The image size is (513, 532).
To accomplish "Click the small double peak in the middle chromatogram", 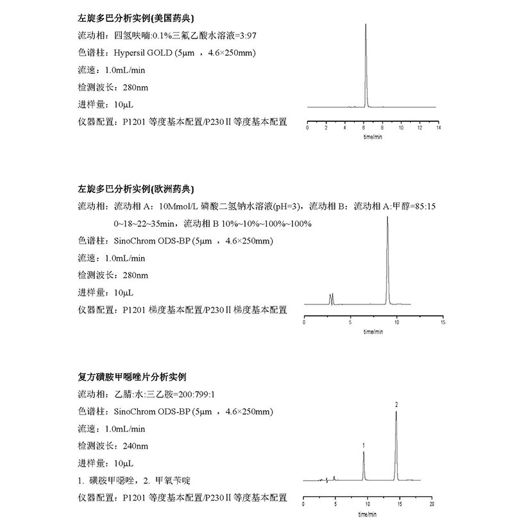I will [331, 299].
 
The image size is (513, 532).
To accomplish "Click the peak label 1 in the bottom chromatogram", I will [364, 445].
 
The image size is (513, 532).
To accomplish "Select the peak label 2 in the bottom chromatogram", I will [396, 405].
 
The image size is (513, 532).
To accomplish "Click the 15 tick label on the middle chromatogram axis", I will [443, 322].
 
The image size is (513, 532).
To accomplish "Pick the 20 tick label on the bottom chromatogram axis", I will [432, 505].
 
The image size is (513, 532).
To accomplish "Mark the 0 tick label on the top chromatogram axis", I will [308, 129].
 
